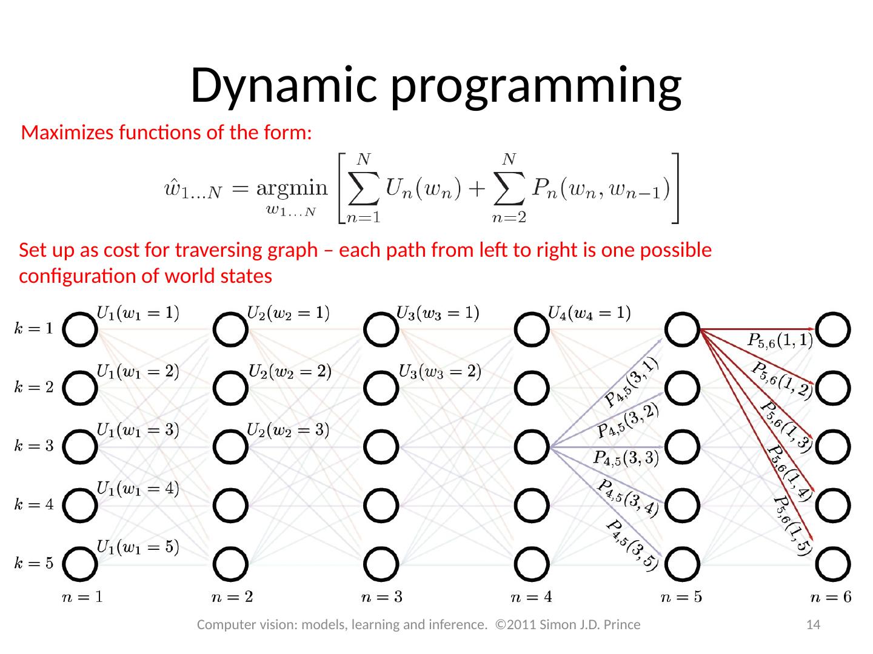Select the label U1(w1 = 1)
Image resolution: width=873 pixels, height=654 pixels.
[x=138, y=313]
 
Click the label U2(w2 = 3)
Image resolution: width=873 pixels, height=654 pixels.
[x=288, y=430]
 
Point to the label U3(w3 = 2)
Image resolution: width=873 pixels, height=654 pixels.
[x=440, y=371]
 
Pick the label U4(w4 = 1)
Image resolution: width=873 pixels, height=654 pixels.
[x=589, y=313]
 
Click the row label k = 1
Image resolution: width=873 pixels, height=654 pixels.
[x=34, y=329]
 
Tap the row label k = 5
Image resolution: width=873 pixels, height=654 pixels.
[x=34, y=564]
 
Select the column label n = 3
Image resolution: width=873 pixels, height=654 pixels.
[x=381, y=598]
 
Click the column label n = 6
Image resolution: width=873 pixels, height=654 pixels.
[x=831, y=598]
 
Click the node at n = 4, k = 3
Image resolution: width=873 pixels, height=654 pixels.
[x=532, y=447]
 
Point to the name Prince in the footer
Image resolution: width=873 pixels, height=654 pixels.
[x=621, y=624]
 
